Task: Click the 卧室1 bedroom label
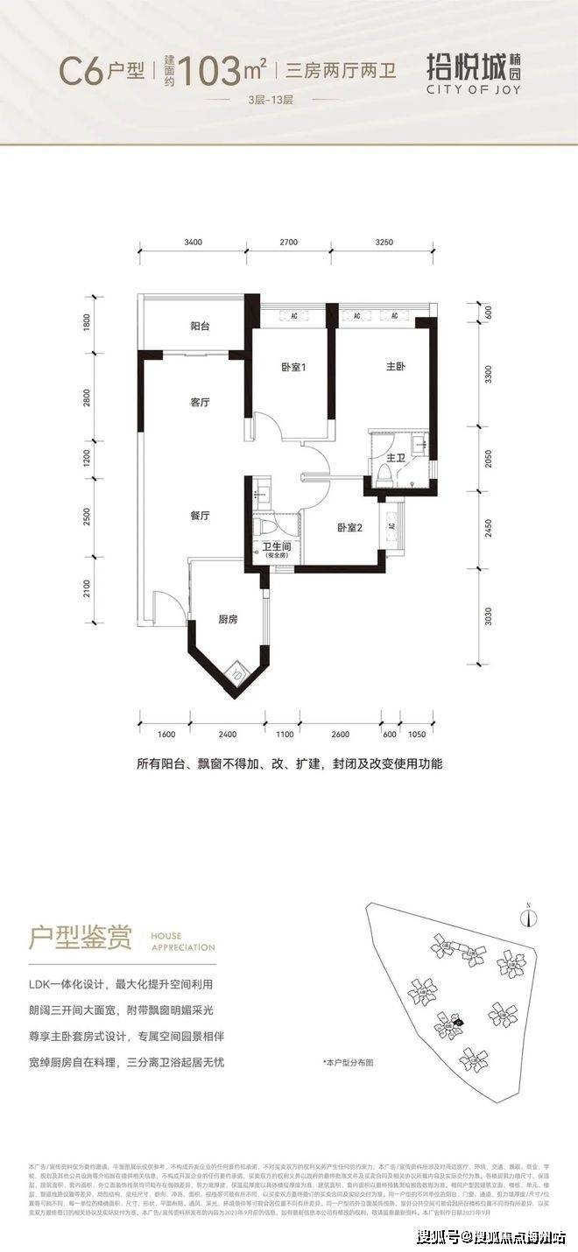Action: pos(293,368)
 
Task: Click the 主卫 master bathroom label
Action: pos(395,457)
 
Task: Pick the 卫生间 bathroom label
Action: pos(277,548)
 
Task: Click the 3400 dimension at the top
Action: pos(194,242)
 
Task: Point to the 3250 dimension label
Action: pos(383,242)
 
